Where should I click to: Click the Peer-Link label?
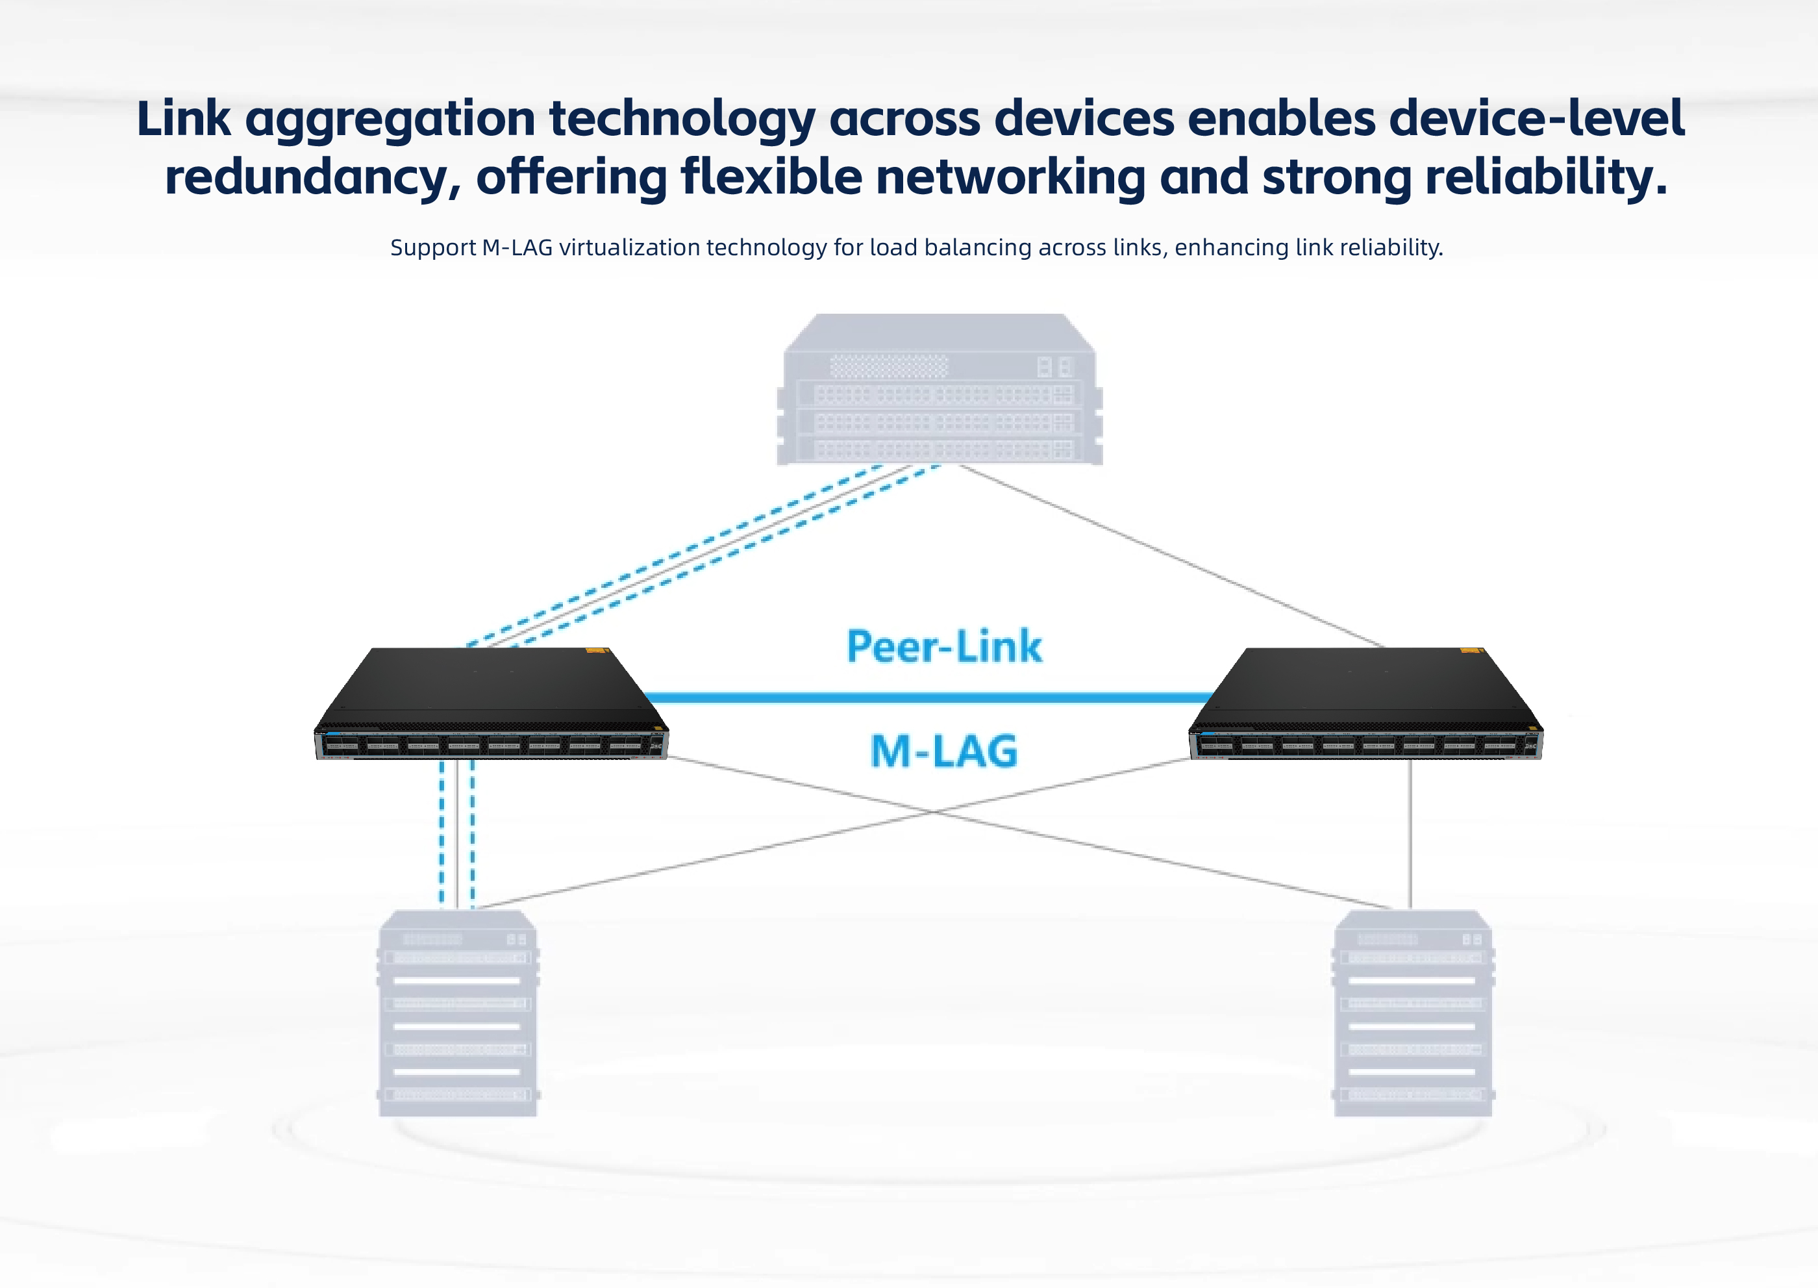coord(943,646)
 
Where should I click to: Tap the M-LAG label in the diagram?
coord(943,751)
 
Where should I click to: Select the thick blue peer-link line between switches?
coord(928,698)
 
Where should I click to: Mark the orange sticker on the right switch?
coord(1471,651)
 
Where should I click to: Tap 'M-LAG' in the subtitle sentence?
coord(517,248)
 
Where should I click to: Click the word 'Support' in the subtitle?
coord(433,248)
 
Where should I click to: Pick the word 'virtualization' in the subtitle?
coord(630,248)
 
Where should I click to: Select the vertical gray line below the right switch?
coord(1410,833)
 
